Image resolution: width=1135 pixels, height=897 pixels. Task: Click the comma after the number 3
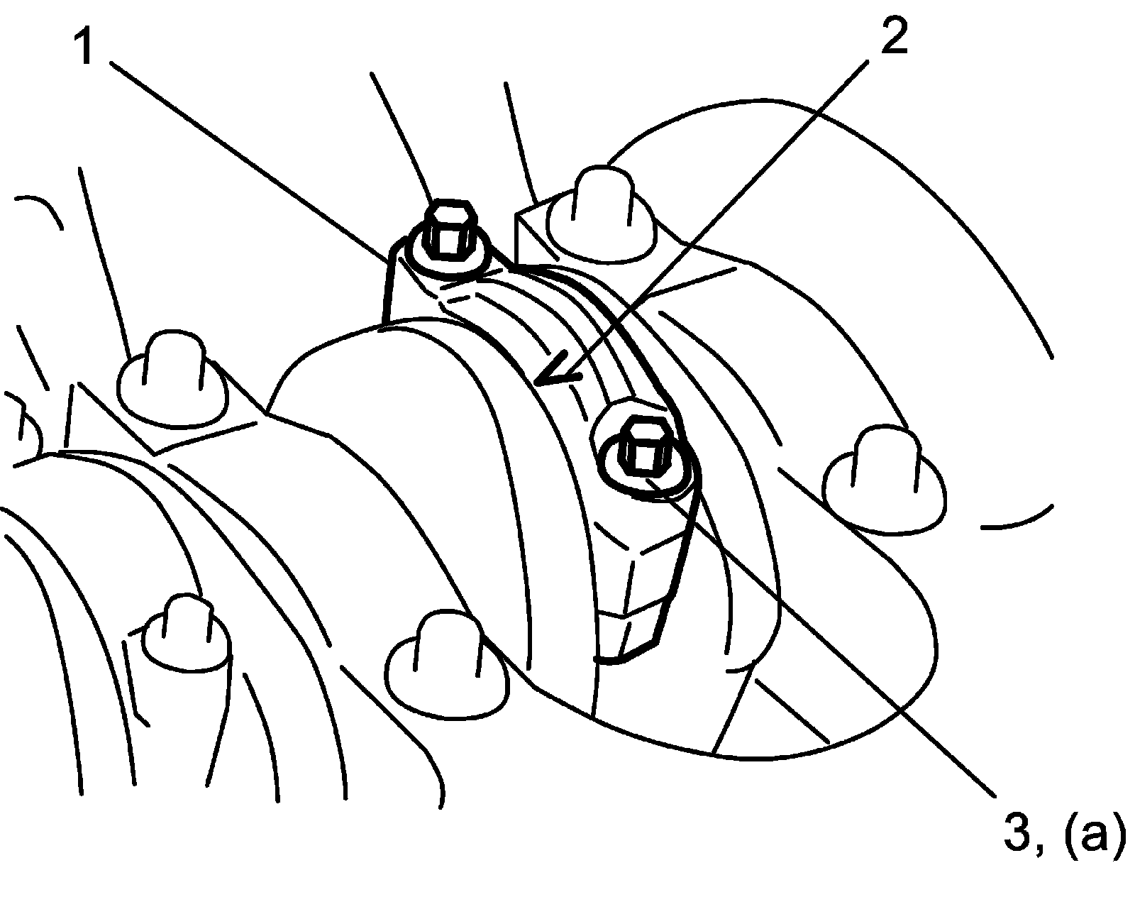[x=1043, y=849]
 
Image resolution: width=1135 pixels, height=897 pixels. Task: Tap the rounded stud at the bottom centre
[x=447, y=660]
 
